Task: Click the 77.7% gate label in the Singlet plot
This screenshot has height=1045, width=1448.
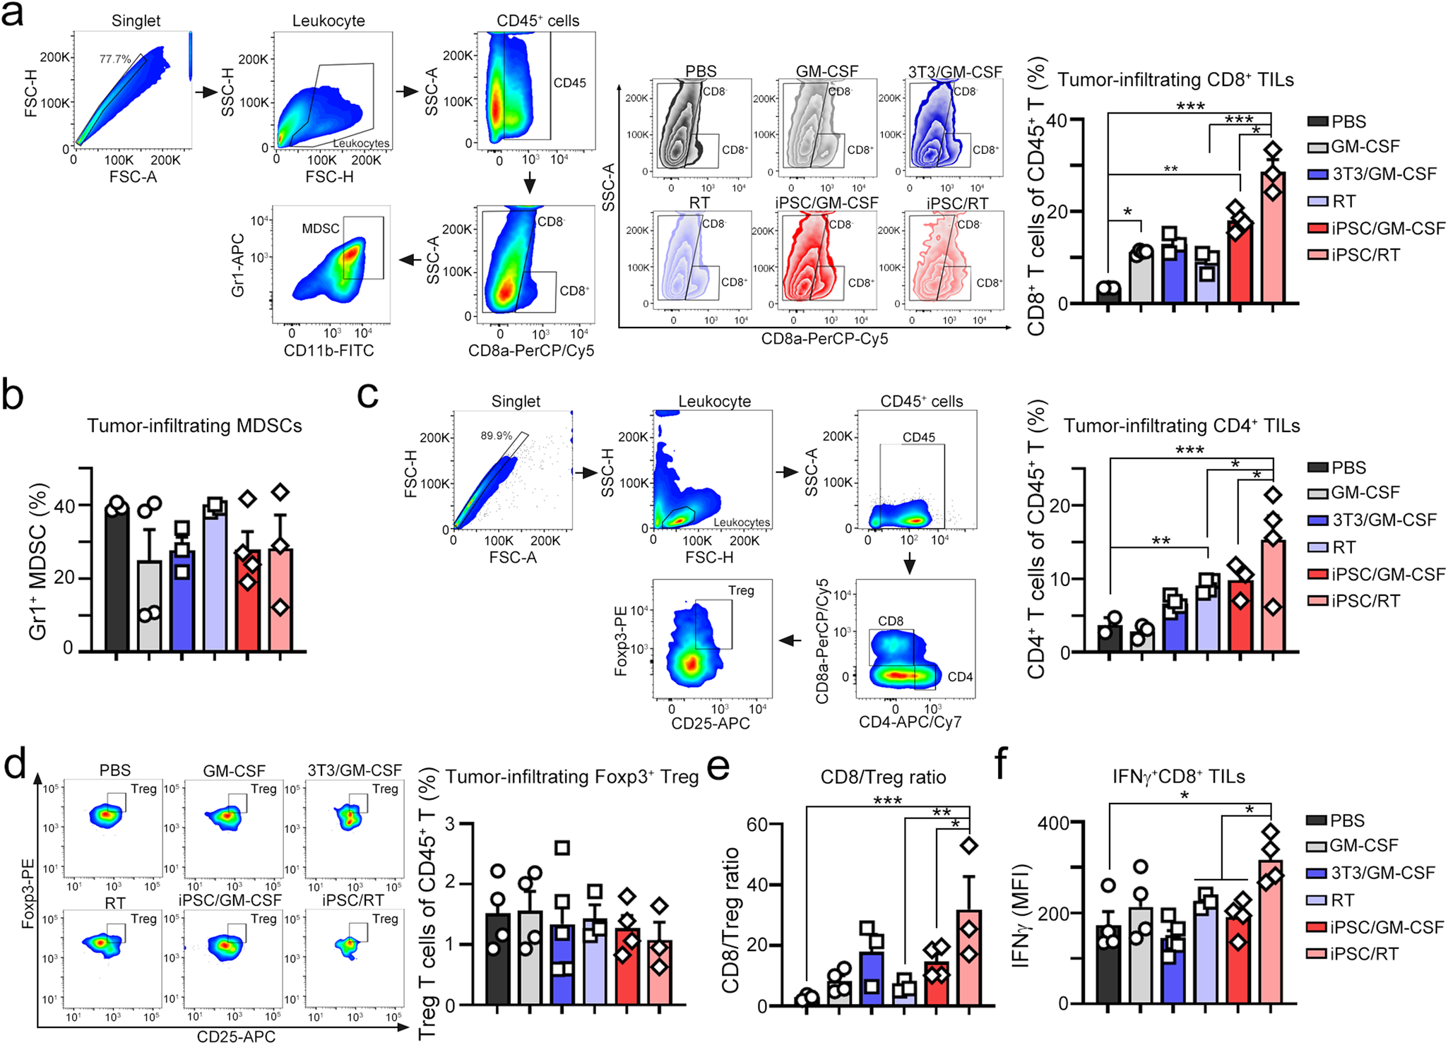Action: pos(114,59)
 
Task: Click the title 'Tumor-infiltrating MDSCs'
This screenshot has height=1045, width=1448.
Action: pos(194,426)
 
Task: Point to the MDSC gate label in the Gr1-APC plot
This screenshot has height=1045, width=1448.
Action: pos(320,229)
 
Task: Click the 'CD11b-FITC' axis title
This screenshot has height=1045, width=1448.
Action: pos(328,351)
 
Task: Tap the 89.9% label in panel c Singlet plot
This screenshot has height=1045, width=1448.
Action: pos(496,436)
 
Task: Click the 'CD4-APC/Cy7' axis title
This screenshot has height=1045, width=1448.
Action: pos(910,722)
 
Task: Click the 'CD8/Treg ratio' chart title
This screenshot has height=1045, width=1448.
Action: pos(883,777)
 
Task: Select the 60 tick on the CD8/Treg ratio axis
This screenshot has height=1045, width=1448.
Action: pos(757,825)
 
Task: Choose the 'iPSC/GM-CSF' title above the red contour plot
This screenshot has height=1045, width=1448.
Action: pos(826,203)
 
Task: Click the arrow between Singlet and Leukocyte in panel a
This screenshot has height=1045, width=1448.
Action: pos(206,92)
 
